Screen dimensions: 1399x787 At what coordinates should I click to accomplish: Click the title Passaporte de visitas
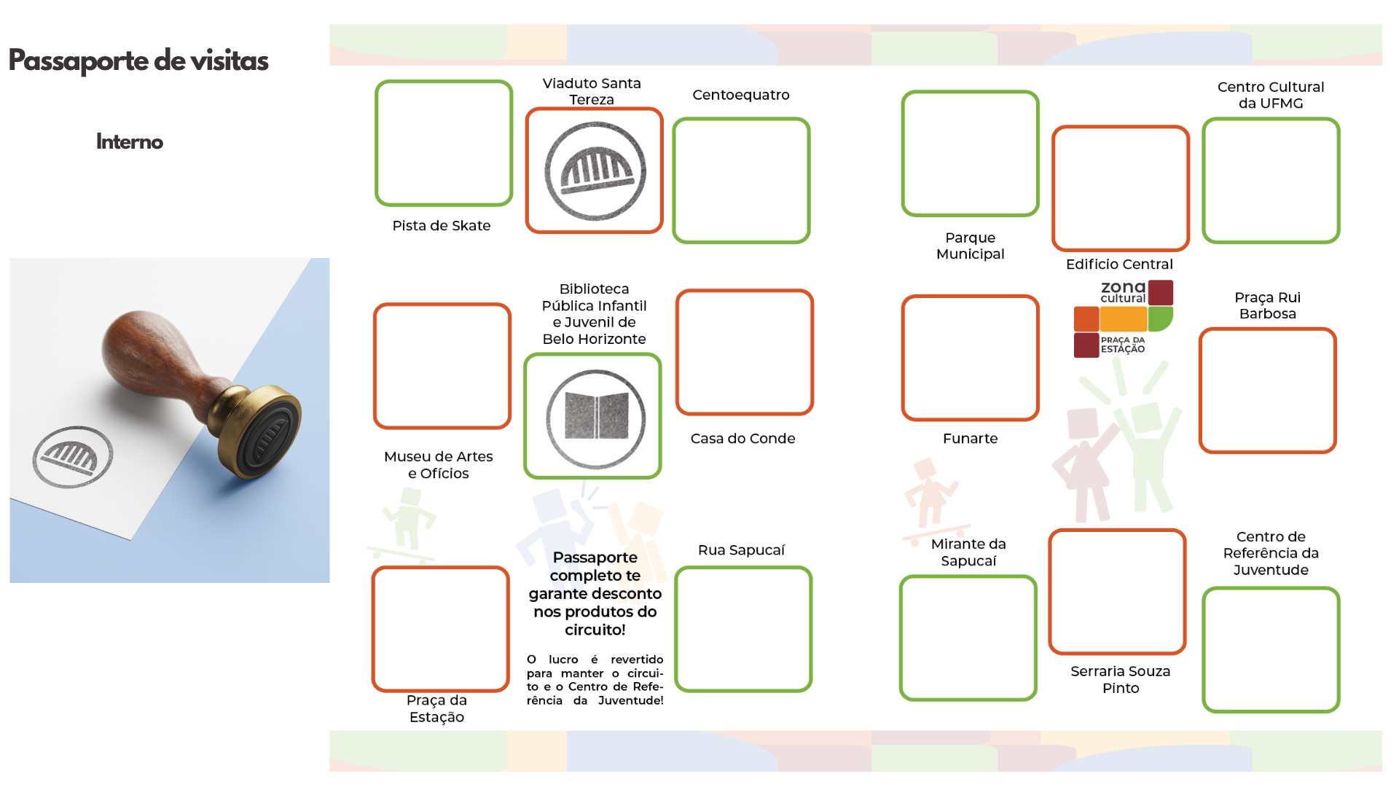pyautogui.click(x=138, y=61)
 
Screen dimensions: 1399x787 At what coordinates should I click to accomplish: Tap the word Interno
pyautogui.click(x=130, y=141)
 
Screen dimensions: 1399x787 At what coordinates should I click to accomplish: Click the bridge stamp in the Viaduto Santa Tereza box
pyautogui.click(x=595, y=171)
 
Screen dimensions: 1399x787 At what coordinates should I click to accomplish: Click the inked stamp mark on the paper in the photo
pyautogui.click(x=72, y=457)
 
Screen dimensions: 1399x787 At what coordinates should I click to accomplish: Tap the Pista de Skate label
pyautogui.click(x=441, y=226)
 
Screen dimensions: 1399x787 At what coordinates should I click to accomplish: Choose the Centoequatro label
pyautogui.click(x=740, y=95)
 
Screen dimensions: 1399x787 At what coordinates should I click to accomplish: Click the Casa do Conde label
pyautogui.click(x=742, y=439)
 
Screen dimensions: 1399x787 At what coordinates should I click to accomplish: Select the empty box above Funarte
pyautogui.click(x=970, y=358)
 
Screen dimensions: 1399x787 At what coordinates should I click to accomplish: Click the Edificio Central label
pyautogui.click(x=1119, y=265)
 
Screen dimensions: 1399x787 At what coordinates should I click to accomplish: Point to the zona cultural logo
pyautogui.click(x=1123, y=318)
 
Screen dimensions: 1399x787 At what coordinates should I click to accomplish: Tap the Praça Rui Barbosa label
pyautogui.click(x=1267, y=305)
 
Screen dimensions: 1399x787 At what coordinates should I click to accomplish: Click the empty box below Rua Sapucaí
pyautogui.click(x=743, y=629)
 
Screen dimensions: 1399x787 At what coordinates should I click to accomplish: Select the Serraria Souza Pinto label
pyautogui.click(x=1120, y=679)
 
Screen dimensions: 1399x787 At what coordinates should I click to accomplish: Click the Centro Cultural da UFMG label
pyautogui.click(x=1271, y=95)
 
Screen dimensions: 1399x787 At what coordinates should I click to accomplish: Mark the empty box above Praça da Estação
pyautogui.click(x=440, y=629)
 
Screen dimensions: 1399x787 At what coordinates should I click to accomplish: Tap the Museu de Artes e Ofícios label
pyautogui.click(x=438, y=465)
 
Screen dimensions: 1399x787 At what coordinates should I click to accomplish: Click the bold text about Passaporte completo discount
pyautogui.click(x=595, y=593)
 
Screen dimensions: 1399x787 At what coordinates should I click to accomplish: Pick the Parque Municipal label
pyautogui.click(x=970, y=246)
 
